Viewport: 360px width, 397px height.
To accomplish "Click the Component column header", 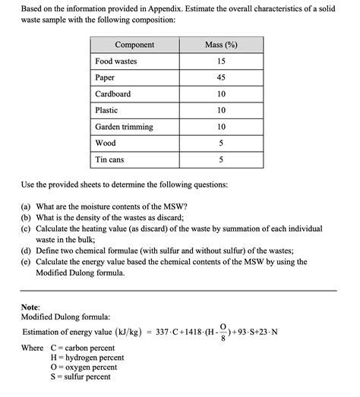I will click(x=134, y=45).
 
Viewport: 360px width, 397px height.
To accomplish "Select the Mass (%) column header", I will click(x=221, y=45).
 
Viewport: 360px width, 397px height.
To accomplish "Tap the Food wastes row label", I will click(x=115, y=61).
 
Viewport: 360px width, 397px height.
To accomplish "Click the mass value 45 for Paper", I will click(x=221, y=77).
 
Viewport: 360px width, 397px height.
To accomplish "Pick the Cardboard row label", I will click(x=112, y=94).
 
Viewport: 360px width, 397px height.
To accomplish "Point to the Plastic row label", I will click(x=106, y=110).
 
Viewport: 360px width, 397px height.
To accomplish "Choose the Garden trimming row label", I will click(x=124, y=127).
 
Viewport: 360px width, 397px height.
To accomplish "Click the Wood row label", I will click(x=105, y=143).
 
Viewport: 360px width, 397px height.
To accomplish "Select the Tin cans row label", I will click(x=110, y=159).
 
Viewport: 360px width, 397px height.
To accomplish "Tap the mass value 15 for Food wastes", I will click(x=221, y=61).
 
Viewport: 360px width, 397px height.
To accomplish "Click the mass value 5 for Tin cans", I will click(x=221, y=159).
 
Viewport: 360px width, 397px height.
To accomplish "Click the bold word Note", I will click(x=31, y=305).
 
